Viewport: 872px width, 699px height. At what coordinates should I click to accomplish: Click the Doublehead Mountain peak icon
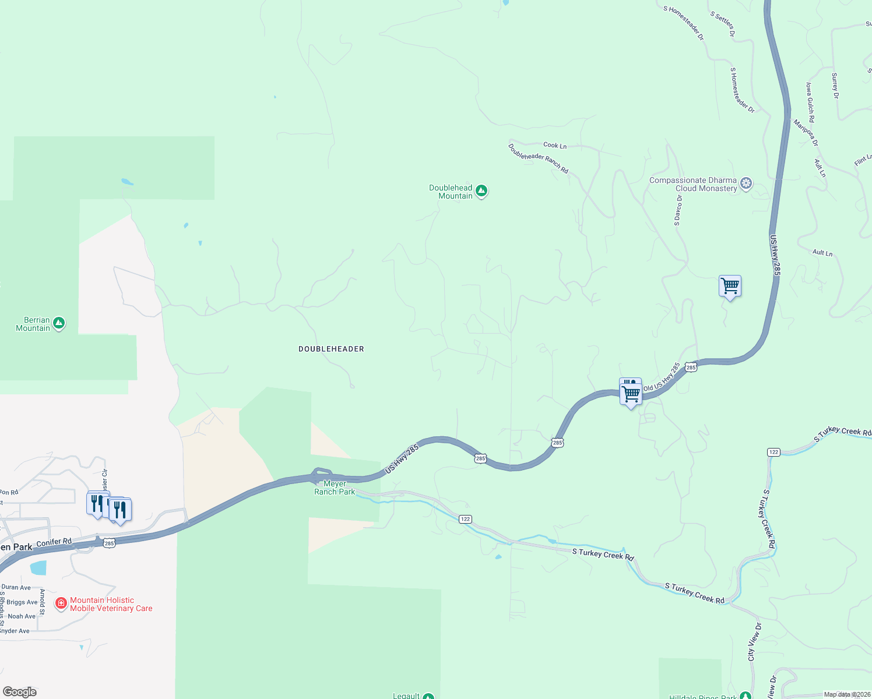481,191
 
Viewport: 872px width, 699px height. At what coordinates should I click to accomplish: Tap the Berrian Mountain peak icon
58,323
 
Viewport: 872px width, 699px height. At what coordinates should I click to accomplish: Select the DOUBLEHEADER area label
331,349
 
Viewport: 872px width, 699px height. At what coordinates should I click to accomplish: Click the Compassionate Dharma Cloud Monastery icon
746,184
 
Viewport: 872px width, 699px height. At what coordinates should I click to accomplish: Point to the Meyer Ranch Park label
335,488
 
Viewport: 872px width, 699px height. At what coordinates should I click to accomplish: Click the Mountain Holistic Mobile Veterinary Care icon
61,603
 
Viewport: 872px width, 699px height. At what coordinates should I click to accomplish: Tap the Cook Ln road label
554,145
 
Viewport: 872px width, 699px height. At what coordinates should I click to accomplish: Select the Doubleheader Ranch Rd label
538,158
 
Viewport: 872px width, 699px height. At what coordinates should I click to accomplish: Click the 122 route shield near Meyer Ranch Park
465,519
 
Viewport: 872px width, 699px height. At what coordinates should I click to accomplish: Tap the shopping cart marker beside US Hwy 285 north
730,286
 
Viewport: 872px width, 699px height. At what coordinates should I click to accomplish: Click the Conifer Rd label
54,542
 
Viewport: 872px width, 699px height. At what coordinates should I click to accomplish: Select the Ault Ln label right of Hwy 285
822,253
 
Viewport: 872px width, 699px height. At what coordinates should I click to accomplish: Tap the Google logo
20,691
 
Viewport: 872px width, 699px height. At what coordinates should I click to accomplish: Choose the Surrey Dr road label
835,86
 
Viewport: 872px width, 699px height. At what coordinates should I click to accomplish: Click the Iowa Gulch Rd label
810,102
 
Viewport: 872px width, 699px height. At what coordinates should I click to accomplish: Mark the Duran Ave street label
16,587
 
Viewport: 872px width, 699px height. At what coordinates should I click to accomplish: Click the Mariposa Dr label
806,133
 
